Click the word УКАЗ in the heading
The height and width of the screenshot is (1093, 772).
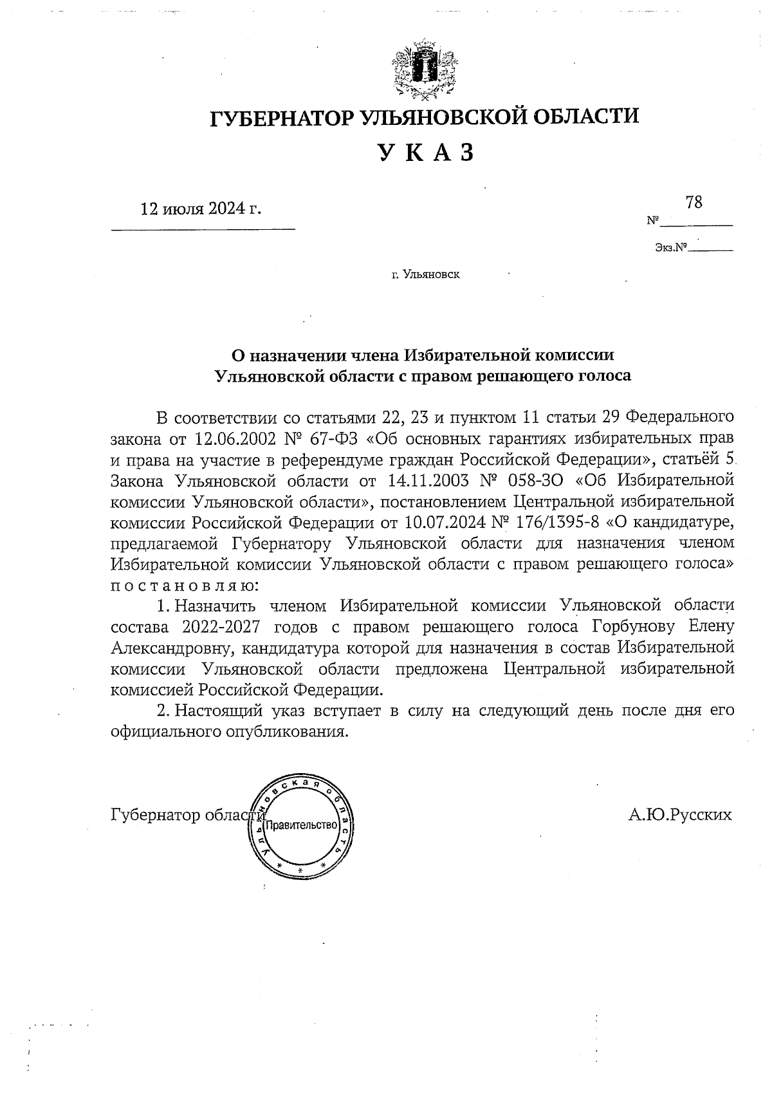425,152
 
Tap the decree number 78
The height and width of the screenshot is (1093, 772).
694,202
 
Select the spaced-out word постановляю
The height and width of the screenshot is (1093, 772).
185,585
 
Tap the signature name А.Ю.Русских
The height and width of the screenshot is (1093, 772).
681,815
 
